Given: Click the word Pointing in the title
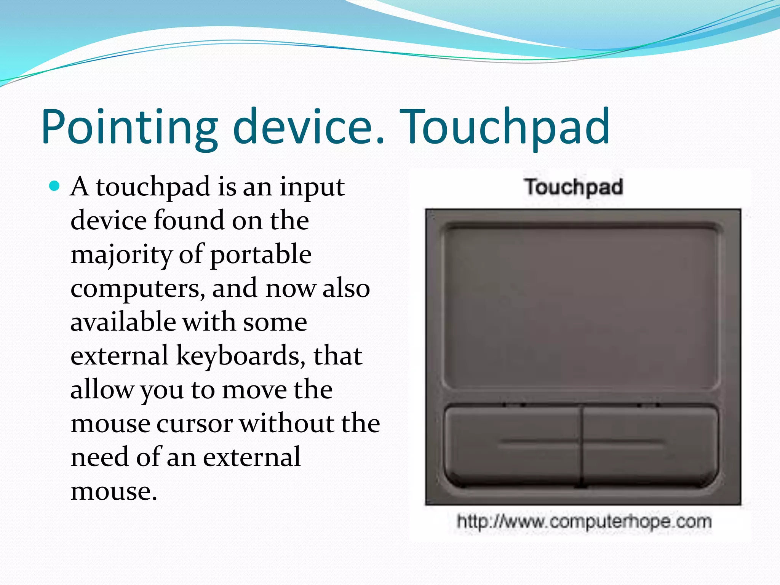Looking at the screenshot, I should pos(129,128).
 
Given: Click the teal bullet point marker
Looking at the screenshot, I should pos(55,186).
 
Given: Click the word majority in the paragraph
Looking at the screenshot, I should pos(121,256).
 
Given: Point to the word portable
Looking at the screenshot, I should pos(261,256).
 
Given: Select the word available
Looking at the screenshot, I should pos(123,322).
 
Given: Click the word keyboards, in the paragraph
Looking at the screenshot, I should pos(240,356).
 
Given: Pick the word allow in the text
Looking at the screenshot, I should pos(102,390).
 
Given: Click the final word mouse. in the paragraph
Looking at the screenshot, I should pos(113,491).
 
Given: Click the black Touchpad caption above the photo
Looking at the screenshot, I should pos(573,187).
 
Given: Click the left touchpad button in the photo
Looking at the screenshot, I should pos(512,446).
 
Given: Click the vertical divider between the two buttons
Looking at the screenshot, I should pos(582,446).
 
